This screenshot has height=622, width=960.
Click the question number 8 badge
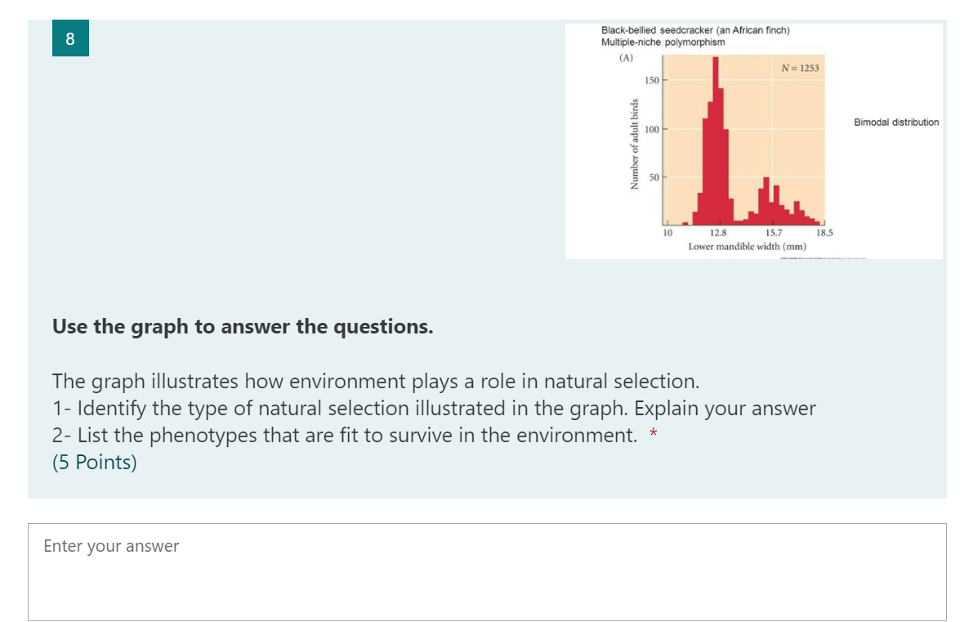click(x=70, y=38)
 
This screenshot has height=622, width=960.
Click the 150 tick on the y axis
click(x=652, y=80)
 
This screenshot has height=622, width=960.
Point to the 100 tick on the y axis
click(x=652, y=129)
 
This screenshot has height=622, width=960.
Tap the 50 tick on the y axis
click(x=654, y=177)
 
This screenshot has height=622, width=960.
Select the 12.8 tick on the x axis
click(x=718, y=233)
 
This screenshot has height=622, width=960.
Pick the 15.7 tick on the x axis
click(x=773, y=233)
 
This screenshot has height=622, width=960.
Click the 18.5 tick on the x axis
click(x=824, y=233)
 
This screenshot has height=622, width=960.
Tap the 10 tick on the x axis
click(x=668, y=233)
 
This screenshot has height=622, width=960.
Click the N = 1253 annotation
click(x=800, y=68)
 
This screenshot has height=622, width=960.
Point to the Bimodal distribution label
click(x=896, y=123)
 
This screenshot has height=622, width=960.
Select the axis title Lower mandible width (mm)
click(x=747, y=246)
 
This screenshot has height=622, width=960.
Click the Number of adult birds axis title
click(x=635, y=144)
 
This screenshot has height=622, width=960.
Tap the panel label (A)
click(x=626, y=57)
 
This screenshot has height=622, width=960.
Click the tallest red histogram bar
click(x=715, y=141)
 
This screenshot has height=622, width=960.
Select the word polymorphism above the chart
click(x=695, y=43)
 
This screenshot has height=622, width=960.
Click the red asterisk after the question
click(x=654, y=433)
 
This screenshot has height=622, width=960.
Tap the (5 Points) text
click(x=94, y=463)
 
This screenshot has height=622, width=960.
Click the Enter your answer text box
click(x=487, y=572)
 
